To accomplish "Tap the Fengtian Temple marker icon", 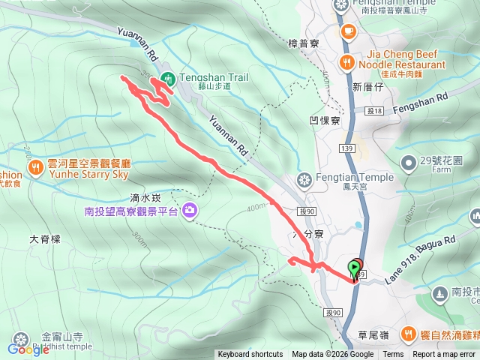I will [x=304, y=179].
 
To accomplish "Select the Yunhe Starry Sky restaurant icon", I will [x=35, y=166].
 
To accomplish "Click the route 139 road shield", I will [x=346, y=150].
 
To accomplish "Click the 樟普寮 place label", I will [x=304, y=43].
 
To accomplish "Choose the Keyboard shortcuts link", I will [x=250, y=355].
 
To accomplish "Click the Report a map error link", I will [x=443, y=355].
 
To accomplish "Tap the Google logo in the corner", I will [x=28, y=349].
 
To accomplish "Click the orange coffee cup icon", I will [x=348, y=31].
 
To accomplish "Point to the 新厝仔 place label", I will [x=367, y=88].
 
